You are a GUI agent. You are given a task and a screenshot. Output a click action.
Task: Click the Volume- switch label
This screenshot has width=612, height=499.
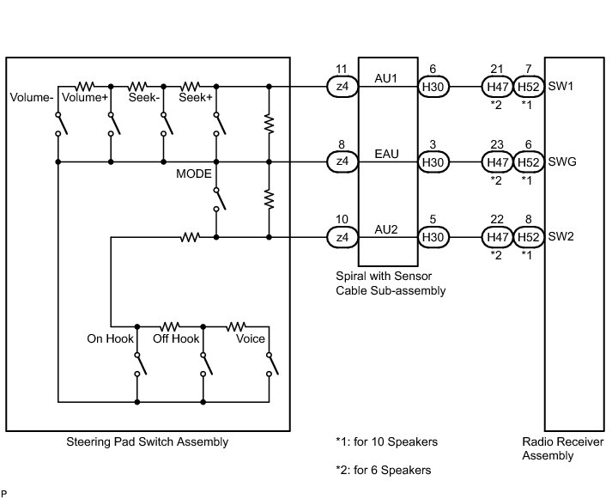[x=31, y=98]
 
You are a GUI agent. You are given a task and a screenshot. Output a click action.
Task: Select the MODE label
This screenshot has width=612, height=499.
[x=194, y=173]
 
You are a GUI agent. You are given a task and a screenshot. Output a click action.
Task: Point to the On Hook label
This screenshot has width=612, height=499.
[x=111, y=338]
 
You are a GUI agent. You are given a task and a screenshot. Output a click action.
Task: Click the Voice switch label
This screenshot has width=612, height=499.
[x=251, y=338]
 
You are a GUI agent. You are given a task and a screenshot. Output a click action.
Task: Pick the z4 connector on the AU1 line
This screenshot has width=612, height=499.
[x=342, y=87]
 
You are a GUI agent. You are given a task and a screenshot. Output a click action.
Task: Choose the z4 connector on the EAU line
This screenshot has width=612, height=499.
[x=342, y=161]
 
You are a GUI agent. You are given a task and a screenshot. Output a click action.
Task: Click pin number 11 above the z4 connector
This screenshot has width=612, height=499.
[x=342, y=68]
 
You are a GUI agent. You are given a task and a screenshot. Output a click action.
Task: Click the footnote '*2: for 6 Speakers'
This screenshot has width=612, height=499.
[x=383, y=470]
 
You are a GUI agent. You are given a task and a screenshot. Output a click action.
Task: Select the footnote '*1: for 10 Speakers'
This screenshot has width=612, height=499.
[x=386, y=442]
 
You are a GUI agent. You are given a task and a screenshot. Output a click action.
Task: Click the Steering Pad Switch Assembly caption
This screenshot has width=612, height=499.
[x=147, y=442]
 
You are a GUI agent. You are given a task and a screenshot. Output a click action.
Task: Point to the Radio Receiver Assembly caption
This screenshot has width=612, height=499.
[x=562, y=449]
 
